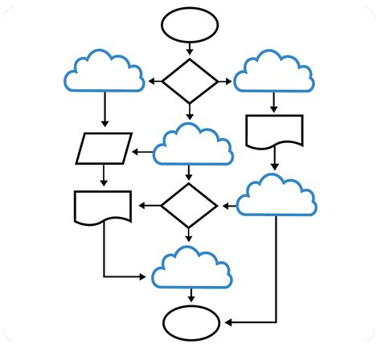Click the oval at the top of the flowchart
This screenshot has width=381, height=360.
pos(190,25)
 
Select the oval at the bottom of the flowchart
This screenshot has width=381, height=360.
pos(190,324)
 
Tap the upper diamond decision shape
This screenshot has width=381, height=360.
pos(190,80)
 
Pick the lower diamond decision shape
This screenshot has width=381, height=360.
pos(189,206)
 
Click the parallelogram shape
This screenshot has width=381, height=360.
pos(104,148)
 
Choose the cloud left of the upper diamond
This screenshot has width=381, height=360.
pos(104,72)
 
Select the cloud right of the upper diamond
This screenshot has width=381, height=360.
pos(273,72)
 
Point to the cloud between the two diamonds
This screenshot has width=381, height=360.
pos(193,145)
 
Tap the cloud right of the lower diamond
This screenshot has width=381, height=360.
pos(277,196)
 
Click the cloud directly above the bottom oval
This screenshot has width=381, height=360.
pos(191,268)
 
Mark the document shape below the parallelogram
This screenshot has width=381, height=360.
pos(103,207)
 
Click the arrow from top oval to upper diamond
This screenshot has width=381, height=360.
pos(190,48)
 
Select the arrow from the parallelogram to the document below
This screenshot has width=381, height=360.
pos(104,176)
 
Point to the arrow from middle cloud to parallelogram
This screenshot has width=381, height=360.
pos(142,151)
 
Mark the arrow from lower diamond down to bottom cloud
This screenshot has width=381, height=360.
pos(189,235)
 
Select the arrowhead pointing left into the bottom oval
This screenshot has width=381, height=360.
pos(227,324)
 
